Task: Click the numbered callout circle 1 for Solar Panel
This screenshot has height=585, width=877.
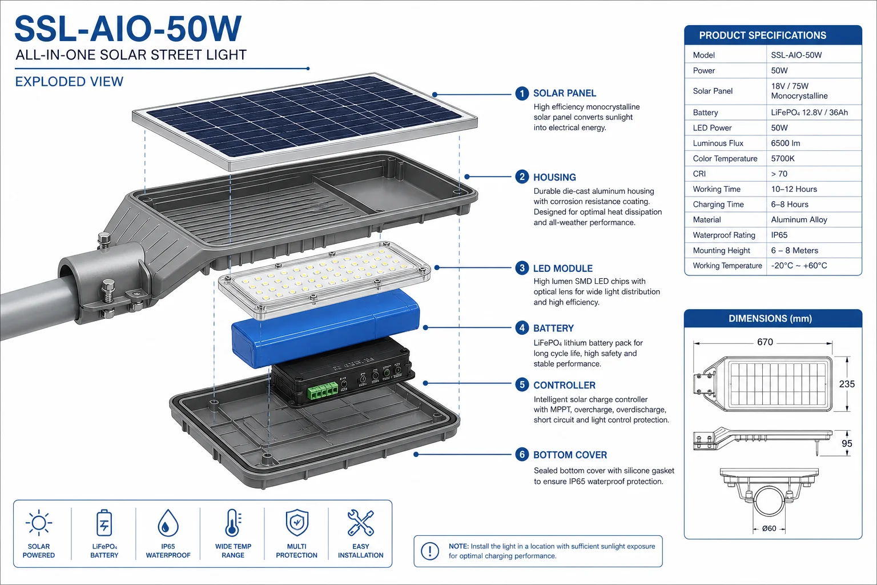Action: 521,93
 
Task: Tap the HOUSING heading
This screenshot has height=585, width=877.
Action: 554,178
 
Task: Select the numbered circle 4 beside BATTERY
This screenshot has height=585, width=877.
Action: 521,327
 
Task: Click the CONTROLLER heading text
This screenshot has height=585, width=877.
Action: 564,385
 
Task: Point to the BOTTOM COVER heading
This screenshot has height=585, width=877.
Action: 570,455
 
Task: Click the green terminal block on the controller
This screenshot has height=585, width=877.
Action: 323,390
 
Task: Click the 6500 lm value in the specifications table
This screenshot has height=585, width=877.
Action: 786,143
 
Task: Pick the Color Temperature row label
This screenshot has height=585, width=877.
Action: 725,158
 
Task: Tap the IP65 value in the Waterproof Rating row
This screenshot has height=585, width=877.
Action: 779,235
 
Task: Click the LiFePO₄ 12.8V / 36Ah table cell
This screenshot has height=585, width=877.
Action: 809,113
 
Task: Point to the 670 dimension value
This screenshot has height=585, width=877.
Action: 765,342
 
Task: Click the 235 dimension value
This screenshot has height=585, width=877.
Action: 847,384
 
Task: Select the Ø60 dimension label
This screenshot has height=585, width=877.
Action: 769,528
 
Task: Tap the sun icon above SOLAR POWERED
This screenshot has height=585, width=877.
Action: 39,523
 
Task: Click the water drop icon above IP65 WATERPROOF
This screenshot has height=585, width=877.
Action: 168,523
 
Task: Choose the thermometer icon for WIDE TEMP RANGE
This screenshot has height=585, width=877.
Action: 234,523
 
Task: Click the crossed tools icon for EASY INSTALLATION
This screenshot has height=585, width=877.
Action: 361,523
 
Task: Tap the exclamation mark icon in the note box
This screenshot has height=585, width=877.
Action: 430,551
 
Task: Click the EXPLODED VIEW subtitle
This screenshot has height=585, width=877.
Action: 69,82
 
